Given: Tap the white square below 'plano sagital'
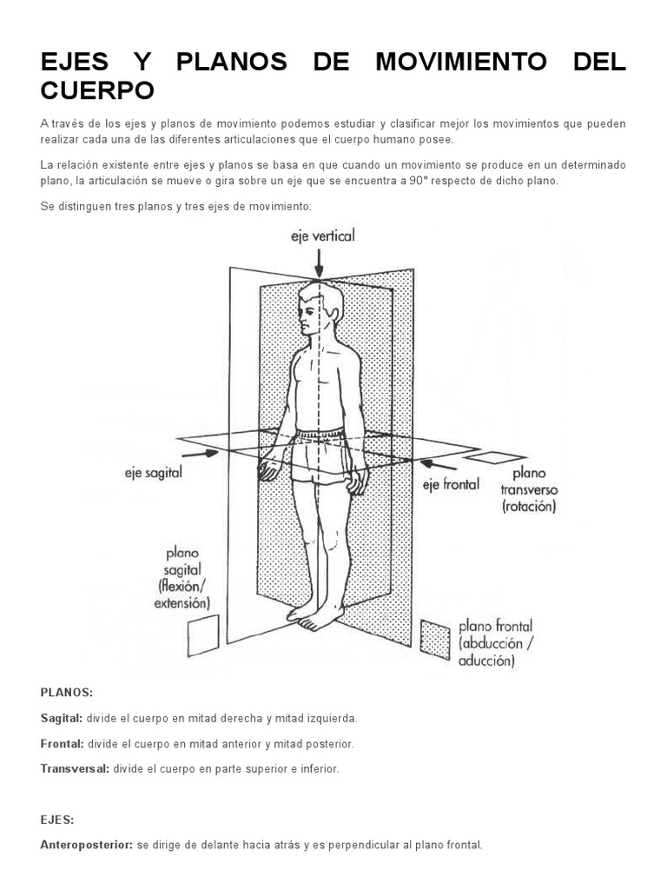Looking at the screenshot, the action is pos(203,635).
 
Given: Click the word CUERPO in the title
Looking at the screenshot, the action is pos(97,90).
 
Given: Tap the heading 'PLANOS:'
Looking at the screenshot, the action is pos(66,692).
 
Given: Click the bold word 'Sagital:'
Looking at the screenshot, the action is pos(61,719).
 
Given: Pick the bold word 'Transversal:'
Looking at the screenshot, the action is pos(75,769).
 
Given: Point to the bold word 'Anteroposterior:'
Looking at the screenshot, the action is pos(87,845).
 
